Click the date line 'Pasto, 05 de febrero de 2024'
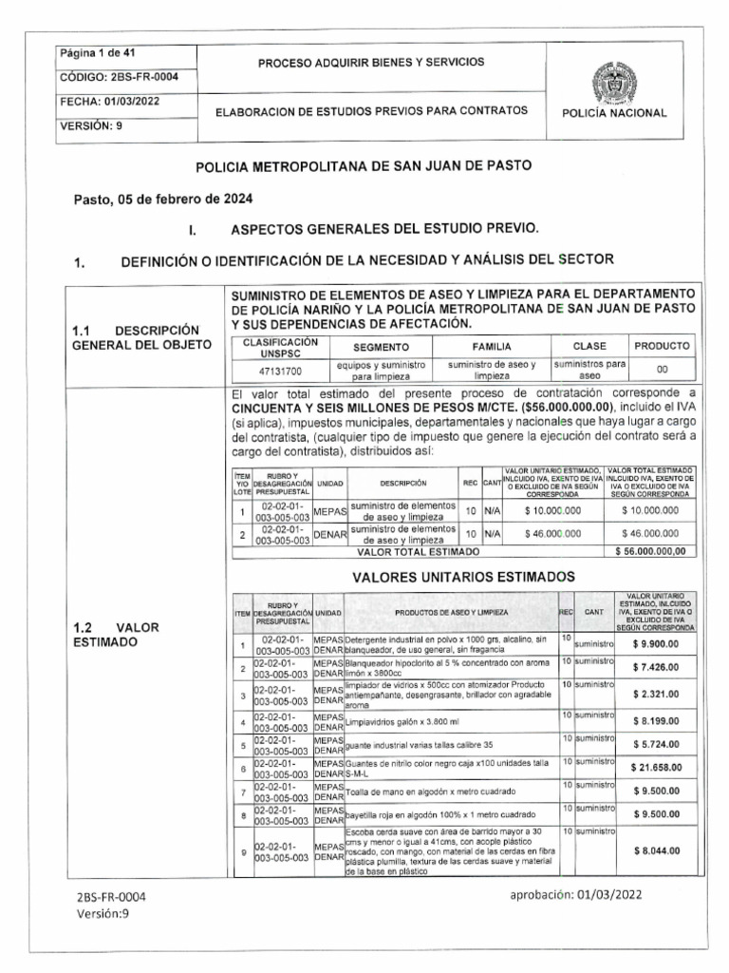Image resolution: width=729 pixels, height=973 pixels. coord(163,200)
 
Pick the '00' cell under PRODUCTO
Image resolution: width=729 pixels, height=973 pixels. coord(662,369)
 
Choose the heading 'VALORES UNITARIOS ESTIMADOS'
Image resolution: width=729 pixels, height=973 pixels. coord(463,577)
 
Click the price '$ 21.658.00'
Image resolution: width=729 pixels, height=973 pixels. coord(657,766)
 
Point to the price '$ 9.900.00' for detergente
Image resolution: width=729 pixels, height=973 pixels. coord(657,643)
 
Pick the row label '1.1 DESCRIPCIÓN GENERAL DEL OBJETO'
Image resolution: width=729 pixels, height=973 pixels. coord(136,336)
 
